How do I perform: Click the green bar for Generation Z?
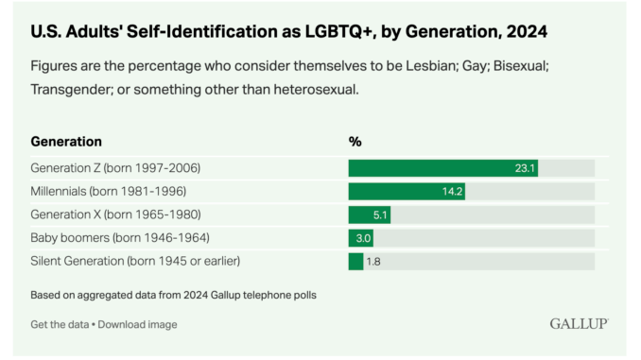(x=442, y=168)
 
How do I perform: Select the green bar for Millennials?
(x=407, y=192)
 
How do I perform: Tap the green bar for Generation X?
(x=369, y=214)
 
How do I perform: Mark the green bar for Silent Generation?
(x=355, y=261)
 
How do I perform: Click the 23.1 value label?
(x=525, y=168)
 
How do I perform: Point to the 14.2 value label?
(x=452, y=192)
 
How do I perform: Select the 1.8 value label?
(x=374, y=261)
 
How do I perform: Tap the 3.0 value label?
(x=364, y=238)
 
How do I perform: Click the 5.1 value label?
(x=380, y=214)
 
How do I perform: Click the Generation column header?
(x=66, y=142)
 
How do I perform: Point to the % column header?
(x=355, y=142)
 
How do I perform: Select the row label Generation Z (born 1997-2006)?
(x=115, y=168)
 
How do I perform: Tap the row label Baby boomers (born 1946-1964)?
(x=120, y=238)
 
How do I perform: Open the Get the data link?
(x=61, y=324)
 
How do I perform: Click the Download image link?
(x=137, y=324)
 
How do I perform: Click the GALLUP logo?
(x=579, y=323)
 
